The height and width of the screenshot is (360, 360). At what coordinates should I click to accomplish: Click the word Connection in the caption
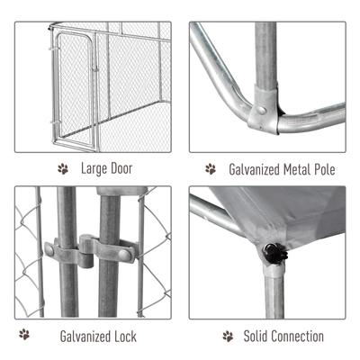(298, 336)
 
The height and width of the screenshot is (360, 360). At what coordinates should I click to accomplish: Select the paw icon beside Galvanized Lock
(24, 335)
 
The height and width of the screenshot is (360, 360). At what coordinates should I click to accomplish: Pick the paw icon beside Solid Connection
(226, 336)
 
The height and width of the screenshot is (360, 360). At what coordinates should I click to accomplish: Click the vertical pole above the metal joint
(265, 54)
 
